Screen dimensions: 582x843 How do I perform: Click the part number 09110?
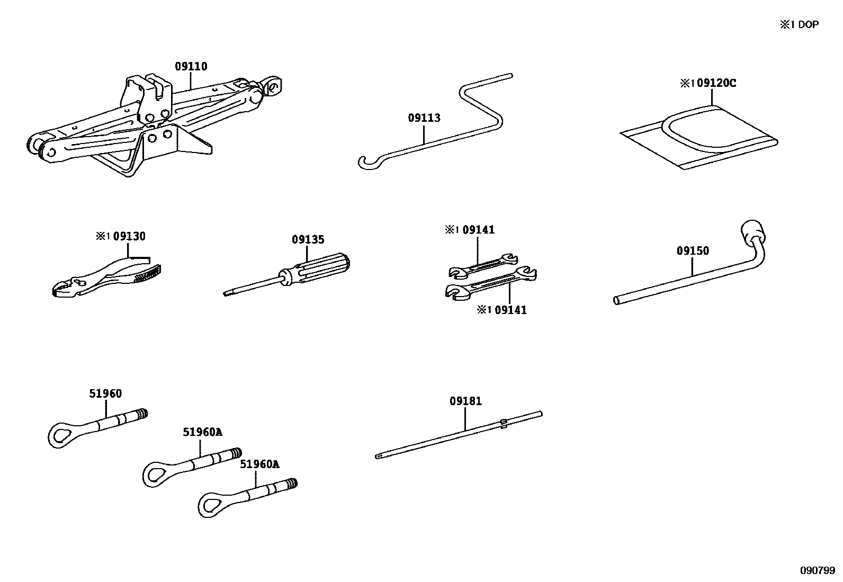191,67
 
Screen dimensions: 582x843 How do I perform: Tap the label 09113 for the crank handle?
424,118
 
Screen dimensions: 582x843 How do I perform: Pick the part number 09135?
308,240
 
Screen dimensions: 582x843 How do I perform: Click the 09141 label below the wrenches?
503,310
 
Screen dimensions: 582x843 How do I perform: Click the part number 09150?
692,250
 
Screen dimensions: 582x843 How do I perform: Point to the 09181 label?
466,401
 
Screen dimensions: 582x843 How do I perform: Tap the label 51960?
105,393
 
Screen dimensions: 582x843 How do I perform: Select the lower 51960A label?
259,464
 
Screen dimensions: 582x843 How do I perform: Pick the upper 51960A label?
203,432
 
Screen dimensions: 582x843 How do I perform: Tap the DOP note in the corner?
799,25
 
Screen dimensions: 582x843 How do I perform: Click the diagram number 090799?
818,571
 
